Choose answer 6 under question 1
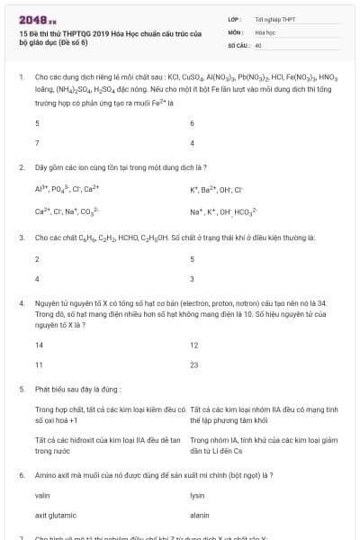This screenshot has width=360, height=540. coord(193,122)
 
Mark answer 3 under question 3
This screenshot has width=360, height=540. coord(193,278)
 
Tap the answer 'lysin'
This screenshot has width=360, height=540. coord(198,496)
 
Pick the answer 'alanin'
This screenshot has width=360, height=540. coord(200,516)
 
